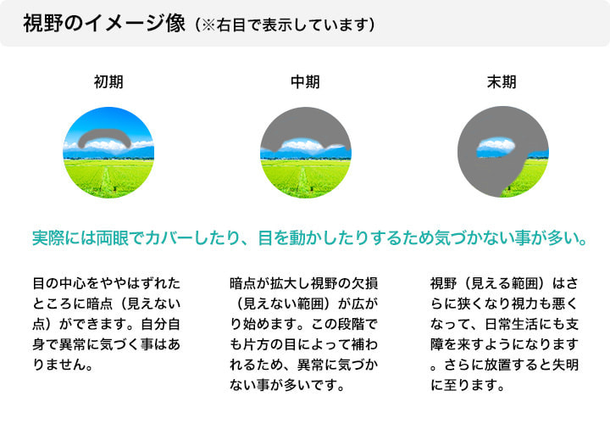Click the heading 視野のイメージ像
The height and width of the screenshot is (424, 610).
[103, 24]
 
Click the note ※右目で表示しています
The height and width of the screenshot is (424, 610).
[284, 25]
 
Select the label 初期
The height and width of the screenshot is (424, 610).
[108, 82]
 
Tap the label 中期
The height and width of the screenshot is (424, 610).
[305, 82]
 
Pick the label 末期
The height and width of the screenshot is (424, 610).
[501, 82]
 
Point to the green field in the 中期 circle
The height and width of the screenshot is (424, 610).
[305, 178]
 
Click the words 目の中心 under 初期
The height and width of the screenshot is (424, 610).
[59, 282]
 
